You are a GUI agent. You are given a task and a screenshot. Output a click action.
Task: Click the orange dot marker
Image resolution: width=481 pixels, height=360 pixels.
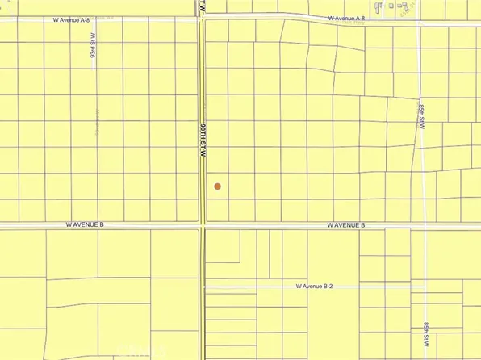tap(217, 186)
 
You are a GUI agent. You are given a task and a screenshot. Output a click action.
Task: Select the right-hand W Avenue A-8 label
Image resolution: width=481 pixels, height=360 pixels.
tap(346, 18)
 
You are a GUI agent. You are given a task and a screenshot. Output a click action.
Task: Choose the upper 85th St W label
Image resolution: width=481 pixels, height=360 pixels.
tap(422, 119)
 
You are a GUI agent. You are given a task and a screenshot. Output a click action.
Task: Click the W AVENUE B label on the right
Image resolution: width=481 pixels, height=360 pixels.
tap(346, 225)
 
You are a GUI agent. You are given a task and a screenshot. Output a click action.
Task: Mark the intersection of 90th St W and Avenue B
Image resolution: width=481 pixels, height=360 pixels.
tap(202, 227)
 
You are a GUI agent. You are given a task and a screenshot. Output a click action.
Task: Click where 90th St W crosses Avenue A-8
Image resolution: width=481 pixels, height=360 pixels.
tap(202, 19)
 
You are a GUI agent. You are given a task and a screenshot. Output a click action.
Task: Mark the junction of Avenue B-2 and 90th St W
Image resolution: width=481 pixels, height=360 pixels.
tap(203, 287)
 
